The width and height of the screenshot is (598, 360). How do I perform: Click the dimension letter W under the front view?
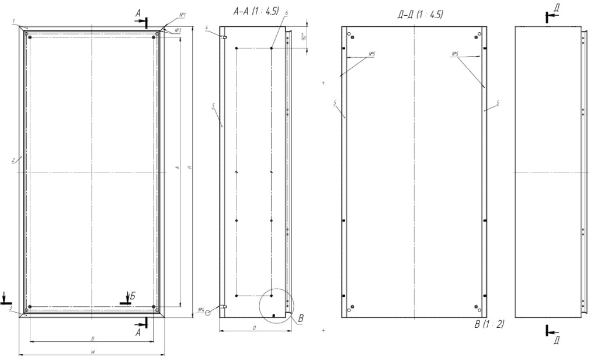click(93, 352)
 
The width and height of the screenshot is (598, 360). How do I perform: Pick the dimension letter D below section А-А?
click(255, 328)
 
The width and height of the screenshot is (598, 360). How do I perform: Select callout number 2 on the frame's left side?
click(12, 159)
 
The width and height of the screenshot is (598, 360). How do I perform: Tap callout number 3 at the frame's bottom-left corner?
click(12, 306)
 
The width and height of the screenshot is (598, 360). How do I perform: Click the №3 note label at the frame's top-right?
click(177, 29)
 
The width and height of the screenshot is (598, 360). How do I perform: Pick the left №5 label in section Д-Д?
click(371, 54)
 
